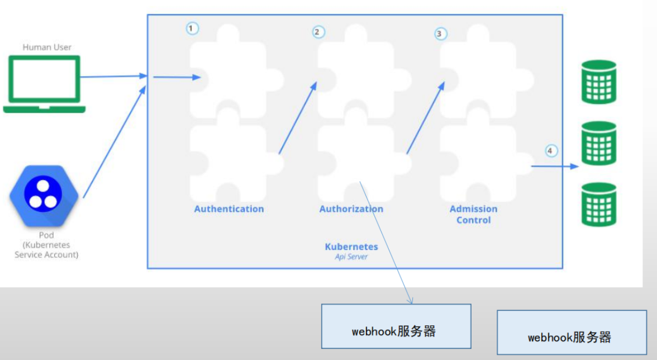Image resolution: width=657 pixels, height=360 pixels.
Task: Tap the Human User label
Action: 47,48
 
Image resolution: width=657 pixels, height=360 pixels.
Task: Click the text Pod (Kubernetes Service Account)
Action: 46,245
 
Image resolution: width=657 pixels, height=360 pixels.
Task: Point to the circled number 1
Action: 192,28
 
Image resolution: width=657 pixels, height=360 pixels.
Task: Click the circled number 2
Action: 318,32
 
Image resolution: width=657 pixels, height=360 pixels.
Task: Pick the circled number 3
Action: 441,34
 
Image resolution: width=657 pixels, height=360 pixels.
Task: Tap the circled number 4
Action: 551,151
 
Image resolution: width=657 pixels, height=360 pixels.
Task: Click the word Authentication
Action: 229,209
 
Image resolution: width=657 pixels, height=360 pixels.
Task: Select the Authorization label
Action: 351,209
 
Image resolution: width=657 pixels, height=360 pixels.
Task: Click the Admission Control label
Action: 473,214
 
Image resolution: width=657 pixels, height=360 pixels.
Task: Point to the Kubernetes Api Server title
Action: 351,251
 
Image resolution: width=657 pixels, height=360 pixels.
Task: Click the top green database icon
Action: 599,82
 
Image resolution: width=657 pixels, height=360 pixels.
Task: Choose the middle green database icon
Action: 599,144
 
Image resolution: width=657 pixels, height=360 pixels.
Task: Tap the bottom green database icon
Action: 599,205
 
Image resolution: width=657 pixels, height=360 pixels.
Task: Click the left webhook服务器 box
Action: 396,326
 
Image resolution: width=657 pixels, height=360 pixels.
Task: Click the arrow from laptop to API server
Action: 112,76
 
